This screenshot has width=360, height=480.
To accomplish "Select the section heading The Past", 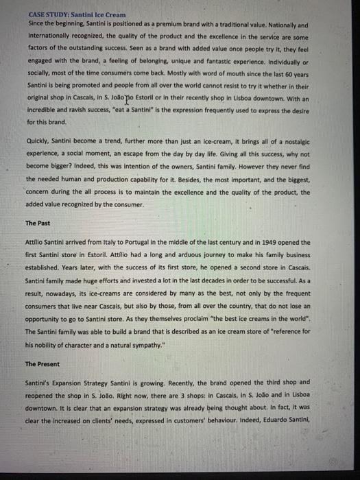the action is pyautogui.click(x=38, y=224).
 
